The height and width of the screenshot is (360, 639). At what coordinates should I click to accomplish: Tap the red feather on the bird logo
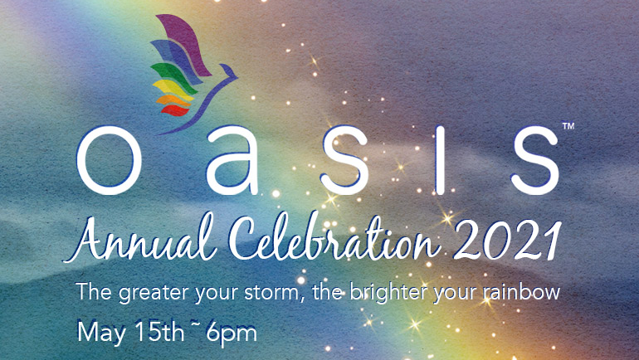[175, 110]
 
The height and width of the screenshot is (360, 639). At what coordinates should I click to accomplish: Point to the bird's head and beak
[229, 71]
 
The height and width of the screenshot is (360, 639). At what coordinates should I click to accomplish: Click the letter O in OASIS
[110, 160]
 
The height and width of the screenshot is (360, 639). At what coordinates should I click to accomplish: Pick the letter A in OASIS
[233, 160]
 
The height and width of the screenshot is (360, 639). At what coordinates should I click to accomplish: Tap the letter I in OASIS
[440, 160]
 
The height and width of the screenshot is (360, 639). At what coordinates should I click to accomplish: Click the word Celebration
[335, 237]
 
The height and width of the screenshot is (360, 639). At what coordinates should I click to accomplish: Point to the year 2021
[508, 241]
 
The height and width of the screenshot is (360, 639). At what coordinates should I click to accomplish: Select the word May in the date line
[101, 333]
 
